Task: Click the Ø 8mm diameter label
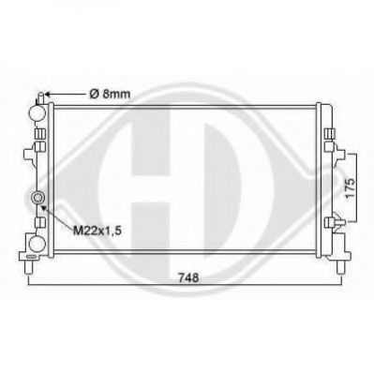point(110,94)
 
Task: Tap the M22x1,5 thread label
point(97,231)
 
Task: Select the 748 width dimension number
point(188,277)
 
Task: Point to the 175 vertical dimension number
point(351,187)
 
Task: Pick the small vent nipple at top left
point(41,97)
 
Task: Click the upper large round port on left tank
point(37,112)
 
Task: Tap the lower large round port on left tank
point(37,244)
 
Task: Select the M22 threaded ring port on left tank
point(37,198)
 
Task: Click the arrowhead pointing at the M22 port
point(44,208)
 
